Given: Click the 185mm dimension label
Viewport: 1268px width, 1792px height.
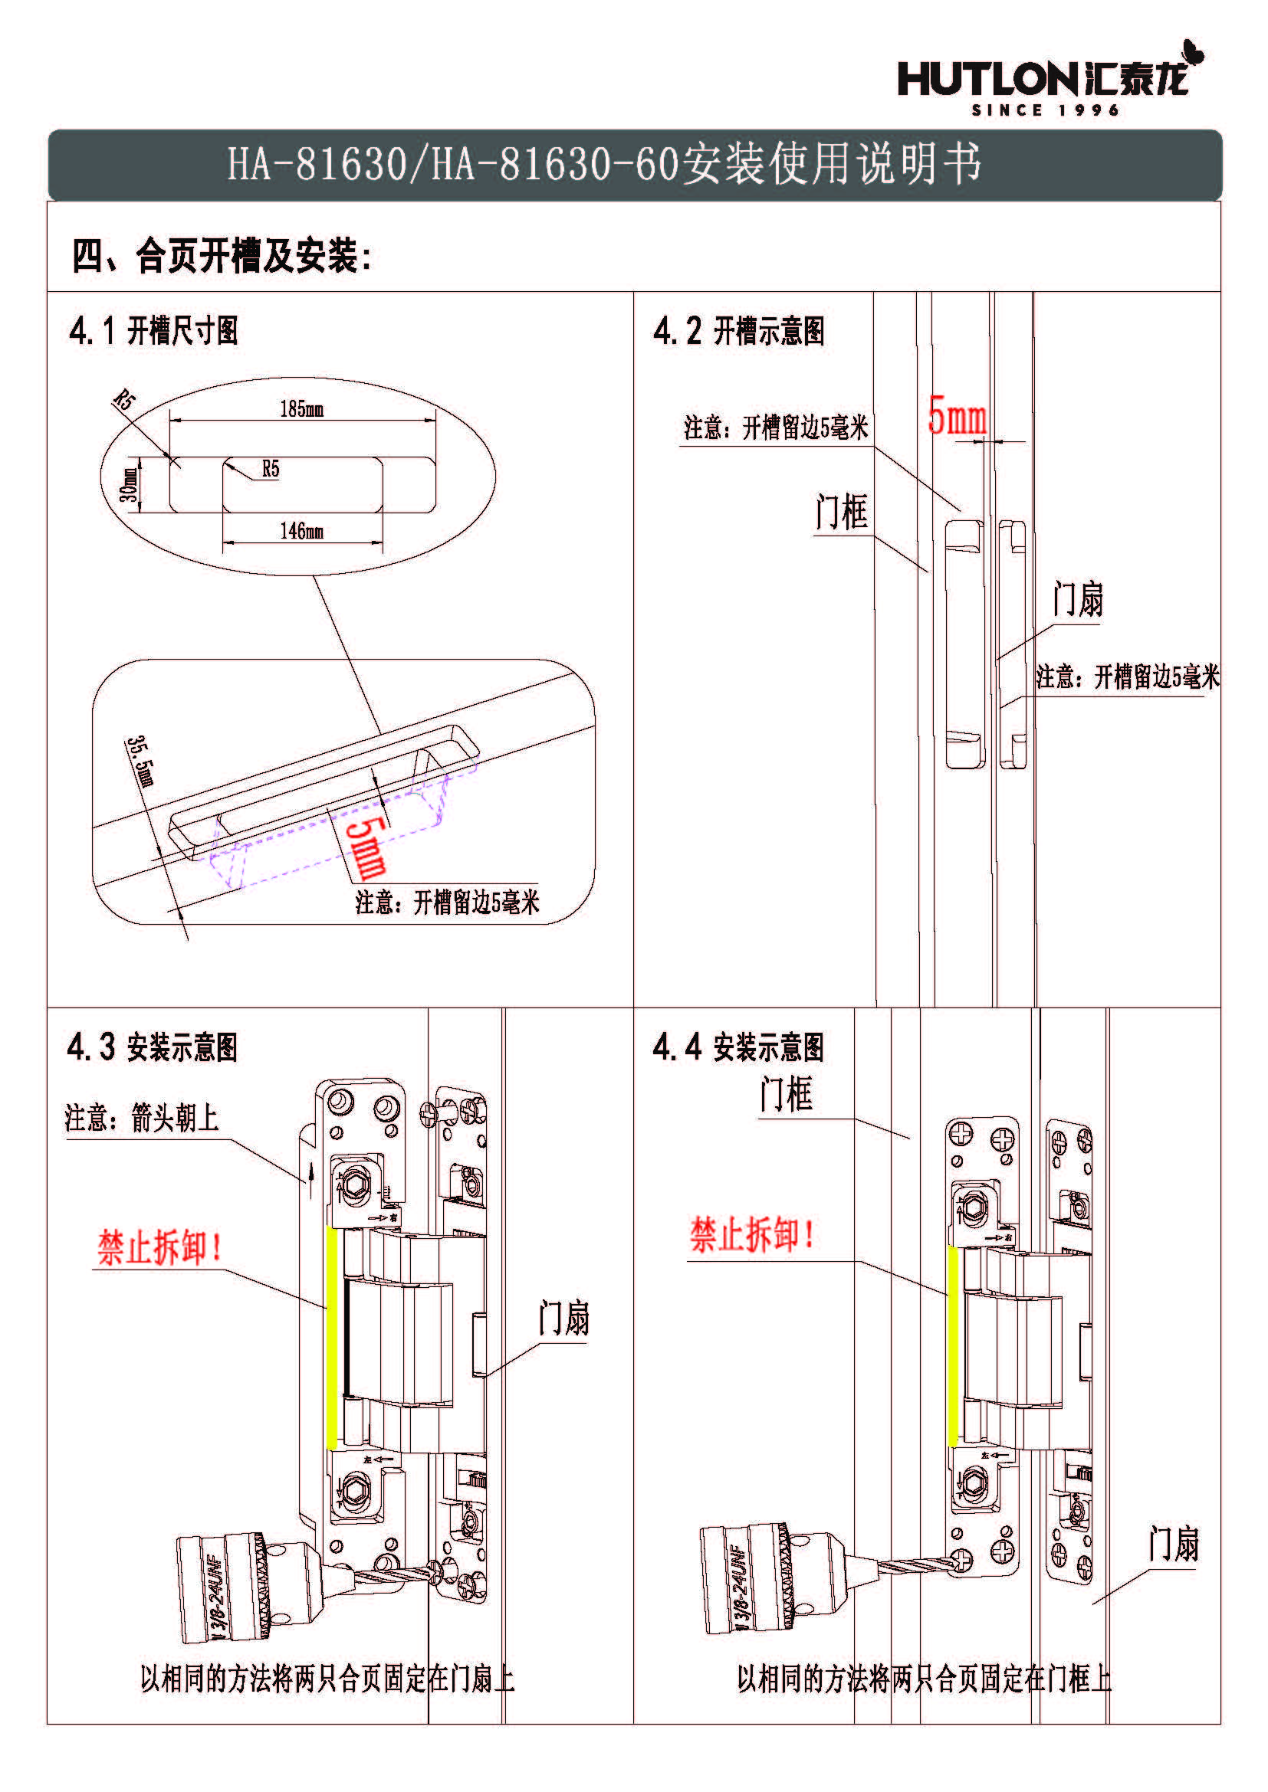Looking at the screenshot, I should click(301, 408).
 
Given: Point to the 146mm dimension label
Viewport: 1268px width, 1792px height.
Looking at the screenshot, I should click(301, 532).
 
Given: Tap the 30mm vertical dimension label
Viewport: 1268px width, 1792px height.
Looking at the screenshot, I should click(129, 484).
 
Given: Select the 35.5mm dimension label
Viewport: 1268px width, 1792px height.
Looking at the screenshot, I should click(141, 760).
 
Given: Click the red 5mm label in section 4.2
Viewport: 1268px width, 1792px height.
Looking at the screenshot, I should click(957, 415).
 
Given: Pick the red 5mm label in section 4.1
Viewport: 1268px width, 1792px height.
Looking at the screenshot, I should click(366, 847).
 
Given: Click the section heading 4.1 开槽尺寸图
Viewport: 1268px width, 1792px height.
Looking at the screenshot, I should click(154, 330).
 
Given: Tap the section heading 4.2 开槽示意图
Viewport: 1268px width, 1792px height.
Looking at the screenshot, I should click(738, 330).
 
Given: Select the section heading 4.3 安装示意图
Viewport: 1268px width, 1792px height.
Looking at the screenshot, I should click(153, 1047).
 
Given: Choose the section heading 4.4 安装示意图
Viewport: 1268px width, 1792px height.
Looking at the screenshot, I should click(737, 1047).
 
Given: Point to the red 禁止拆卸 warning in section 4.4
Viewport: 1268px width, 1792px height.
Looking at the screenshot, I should click(752, 1235).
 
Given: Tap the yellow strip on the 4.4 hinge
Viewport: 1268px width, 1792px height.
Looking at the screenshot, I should click(953, 1345).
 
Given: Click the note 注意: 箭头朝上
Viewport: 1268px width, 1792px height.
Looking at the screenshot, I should click(141, 1118).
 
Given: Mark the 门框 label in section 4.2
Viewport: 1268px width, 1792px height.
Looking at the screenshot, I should click(841, 512).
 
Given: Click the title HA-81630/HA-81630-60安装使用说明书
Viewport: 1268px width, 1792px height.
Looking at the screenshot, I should click(603, 164).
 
